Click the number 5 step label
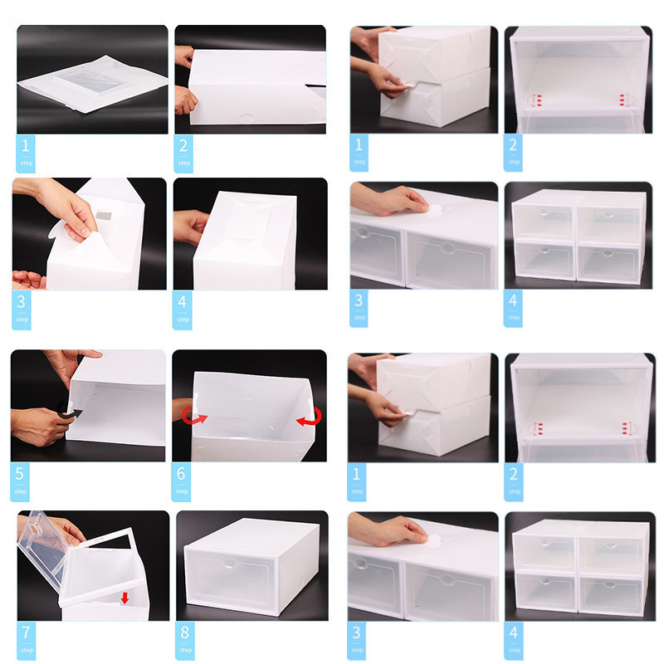[19, 481]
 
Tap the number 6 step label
[181, 481]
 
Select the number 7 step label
[27, 640]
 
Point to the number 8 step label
[185, 640]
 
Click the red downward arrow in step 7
[124, 598]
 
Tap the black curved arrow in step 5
[69, 411]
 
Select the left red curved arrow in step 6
[193, 416]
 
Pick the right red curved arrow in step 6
[310, 417]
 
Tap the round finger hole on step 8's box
[231, 564]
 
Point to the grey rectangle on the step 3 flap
[104, 216]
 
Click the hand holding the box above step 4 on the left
[192, 226]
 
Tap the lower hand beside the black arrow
[40, 426]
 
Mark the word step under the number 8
[185, 650]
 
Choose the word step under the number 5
[20, 491]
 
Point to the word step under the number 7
[27, 650]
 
